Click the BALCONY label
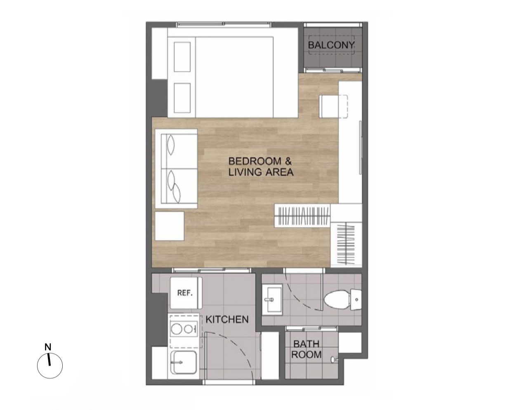331,45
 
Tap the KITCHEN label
227,320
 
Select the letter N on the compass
48,347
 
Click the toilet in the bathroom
343,299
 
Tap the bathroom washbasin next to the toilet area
273,299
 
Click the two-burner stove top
184,329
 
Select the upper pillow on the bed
182,57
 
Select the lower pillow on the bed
182,98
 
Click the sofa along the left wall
177,169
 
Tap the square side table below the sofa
170,226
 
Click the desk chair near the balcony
333,107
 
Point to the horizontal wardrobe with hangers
303,215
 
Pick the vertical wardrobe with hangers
346,244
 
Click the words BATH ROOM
307,349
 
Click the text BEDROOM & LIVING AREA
261,167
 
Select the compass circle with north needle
50,366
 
